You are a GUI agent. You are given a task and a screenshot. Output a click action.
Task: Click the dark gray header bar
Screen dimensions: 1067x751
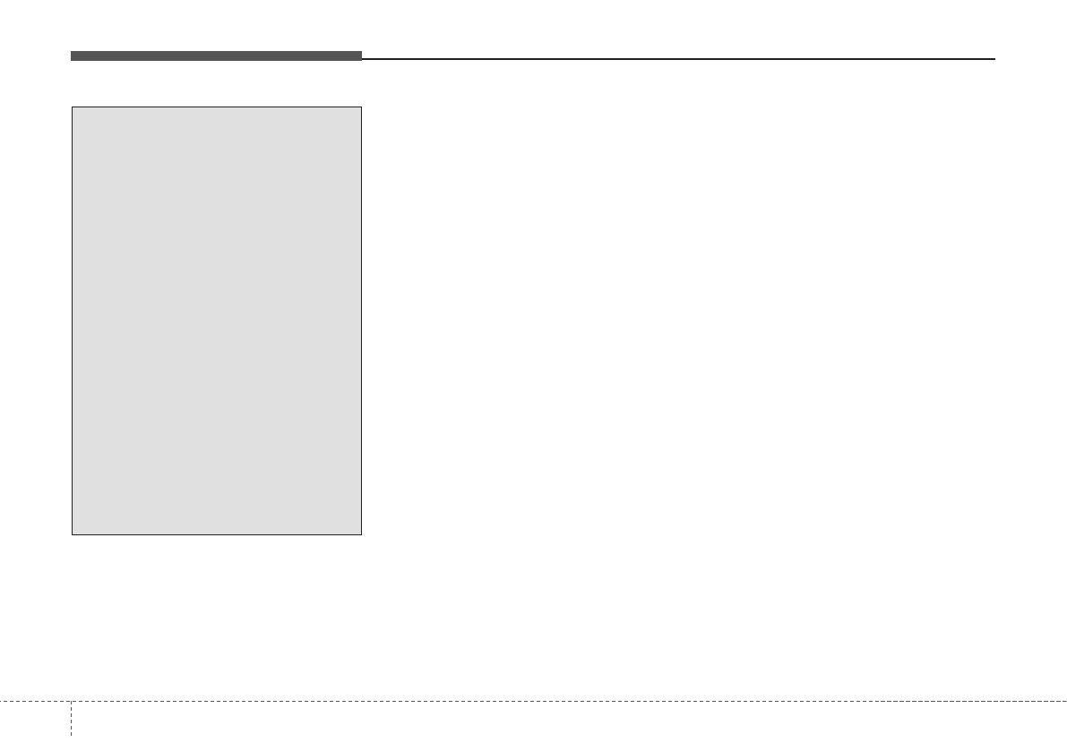tap(216, 56)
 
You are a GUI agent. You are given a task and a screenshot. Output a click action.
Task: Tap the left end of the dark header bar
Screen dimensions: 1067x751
tap(73, 56)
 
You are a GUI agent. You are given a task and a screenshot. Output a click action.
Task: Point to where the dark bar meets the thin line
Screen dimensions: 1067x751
tap(361, 58)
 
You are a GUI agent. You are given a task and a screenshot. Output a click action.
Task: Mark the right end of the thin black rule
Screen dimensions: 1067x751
tap(994, 59)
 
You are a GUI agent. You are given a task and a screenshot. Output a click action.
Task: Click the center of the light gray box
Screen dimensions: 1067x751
tap(217, 321)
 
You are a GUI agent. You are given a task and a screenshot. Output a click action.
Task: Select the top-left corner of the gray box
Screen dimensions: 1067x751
tap(73, 107)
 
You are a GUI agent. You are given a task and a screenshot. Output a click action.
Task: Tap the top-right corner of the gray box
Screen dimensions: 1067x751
tap(361, 107)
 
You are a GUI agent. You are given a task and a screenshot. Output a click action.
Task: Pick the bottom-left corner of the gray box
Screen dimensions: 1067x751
tap(73, 534)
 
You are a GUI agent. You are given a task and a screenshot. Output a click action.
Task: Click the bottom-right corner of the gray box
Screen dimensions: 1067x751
tap(361, 534)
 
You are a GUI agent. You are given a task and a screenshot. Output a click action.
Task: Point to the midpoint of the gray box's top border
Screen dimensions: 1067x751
tap(217, 107)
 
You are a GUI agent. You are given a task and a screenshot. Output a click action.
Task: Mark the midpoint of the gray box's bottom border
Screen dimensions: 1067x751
tap(217, 534)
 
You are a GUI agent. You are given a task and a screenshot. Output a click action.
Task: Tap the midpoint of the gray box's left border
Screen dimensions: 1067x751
tap(73, 321)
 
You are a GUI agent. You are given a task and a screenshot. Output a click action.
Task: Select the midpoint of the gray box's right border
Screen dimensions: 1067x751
tap(361, 321)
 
